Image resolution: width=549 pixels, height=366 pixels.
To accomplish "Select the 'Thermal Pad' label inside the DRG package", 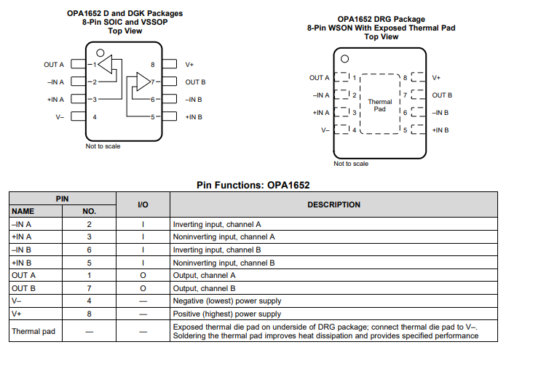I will coord(379,106).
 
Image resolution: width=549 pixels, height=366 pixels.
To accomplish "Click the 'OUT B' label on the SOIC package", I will coord(195,82).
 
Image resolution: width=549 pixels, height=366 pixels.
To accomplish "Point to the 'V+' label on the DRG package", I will coord(436,77).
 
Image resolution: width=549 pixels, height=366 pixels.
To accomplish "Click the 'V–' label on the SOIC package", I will coord(60,116).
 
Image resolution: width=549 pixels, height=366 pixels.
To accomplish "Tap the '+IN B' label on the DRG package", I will coord(441,130).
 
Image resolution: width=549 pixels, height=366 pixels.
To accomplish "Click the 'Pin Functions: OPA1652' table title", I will coord(253,185).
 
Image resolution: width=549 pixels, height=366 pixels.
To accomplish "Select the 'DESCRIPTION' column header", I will coord(333,204).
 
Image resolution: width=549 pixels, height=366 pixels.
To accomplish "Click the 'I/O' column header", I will coord(143,204).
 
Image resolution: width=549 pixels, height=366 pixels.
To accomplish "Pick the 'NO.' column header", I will coord(89,211).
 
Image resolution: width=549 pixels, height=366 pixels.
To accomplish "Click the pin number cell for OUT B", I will coord(89,288).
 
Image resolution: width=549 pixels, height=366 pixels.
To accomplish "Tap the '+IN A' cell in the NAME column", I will coord(23,236).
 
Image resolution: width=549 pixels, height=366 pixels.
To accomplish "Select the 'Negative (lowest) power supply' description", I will coord(226,301).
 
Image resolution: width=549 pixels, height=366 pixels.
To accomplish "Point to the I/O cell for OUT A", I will coord(143,275).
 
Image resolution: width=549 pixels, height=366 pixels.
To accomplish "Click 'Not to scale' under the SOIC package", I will coord(103,146).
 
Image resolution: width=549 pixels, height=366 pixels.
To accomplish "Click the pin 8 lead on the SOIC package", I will coord(170,65).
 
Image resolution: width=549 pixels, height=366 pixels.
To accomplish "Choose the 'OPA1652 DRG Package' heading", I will coord(381,19).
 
